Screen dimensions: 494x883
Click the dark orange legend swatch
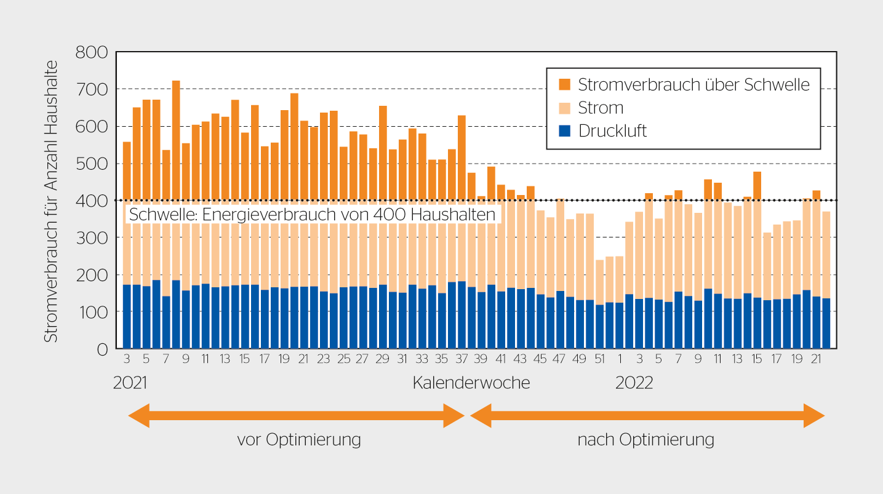(564, 84)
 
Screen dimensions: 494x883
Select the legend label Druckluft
(612, 131)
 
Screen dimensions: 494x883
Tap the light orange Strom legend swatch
(564, 108)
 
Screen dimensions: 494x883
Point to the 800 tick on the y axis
(92, 52)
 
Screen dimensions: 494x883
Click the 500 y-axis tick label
(92, 164)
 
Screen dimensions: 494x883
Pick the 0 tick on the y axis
(102, 349)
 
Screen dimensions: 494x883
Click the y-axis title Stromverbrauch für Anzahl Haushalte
(51, 201)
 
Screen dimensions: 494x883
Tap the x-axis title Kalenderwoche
(471, 383)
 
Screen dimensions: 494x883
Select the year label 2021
(130, 383)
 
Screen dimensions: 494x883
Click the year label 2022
(634, 383)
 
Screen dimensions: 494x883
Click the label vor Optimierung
(299, 440)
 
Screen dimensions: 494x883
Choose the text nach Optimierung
(645, 440)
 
